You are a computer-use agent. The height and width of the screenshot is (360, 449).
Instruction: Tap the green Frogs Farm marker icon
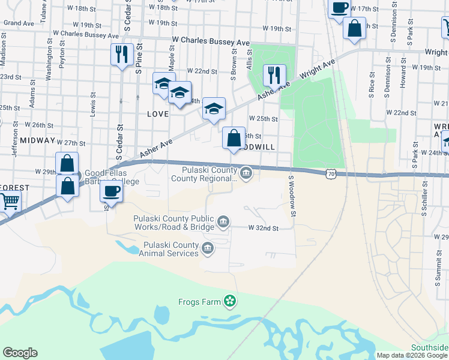(229, 301)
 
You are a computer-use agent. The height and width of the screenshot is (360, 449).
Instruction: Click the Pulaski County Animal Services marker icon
(208, 248)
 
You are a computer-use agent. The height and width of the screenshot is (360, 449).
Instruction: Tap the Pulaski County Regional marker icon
(246, 174)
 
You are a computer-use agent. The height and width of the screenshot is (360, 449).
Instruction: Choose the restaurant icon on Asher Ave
(274, 75)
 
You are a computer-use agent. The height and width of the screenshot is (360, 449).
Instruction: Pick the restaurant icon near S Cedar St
(122, 55)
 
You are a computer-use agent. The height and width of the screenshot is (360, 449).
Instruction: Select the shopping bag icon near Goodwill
(234, 137)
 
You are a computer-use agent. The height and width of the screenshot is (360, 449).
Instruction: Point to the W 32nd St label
(264, 228)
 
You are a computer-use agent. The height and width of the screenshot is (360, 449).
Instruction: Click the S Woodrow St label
(292, 196)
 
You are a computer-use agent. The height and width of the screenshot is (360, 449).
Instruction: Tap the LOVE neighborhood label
(158, 113)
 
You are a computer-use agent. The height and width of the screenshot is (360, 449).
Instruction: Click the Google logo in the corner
(20, 353)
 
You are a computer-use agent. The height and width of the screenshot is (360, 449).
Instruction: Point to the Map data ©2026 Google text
(412, 355)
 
